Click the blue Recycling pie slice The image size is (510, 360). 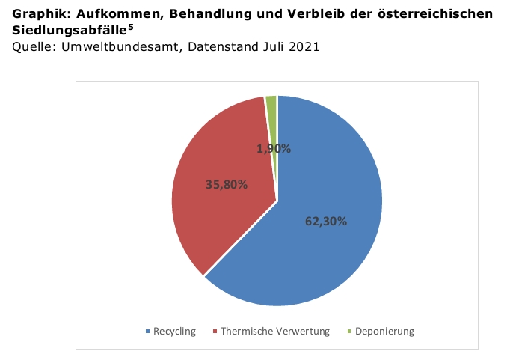(329, 247)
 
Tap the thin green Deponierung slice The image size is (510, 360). (271, 112)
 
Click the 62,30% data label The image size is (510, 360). (326, 221)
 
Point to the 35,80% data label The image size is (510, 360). (226, 184)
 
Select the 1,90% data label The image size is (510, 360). (274, 148)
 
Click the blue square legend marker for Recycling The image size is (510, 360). (148, 332)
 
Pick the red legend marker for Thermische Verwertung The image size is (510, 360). (215, 332)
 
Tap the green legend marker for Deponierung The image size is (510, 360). (348, 332)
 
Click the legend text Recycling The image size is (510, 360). (174, 332)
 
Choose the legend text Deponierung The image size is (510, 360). (384, 332)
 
